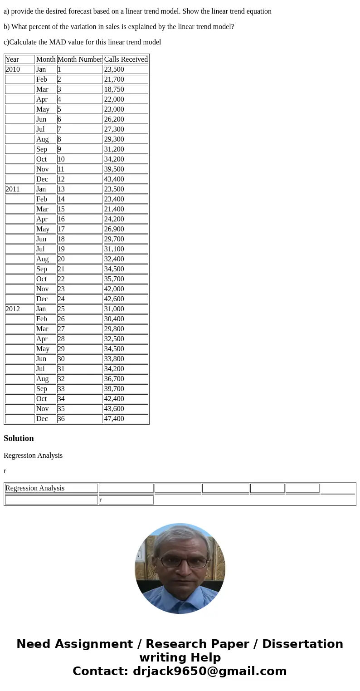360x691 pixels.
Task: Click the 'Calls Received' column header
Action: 126,59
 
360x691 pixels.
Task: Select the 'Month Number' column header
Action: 80,59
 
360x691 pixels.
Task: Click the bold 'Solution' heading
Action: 19,438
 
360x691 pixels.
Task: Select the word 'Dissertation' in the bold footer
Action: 302,644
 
